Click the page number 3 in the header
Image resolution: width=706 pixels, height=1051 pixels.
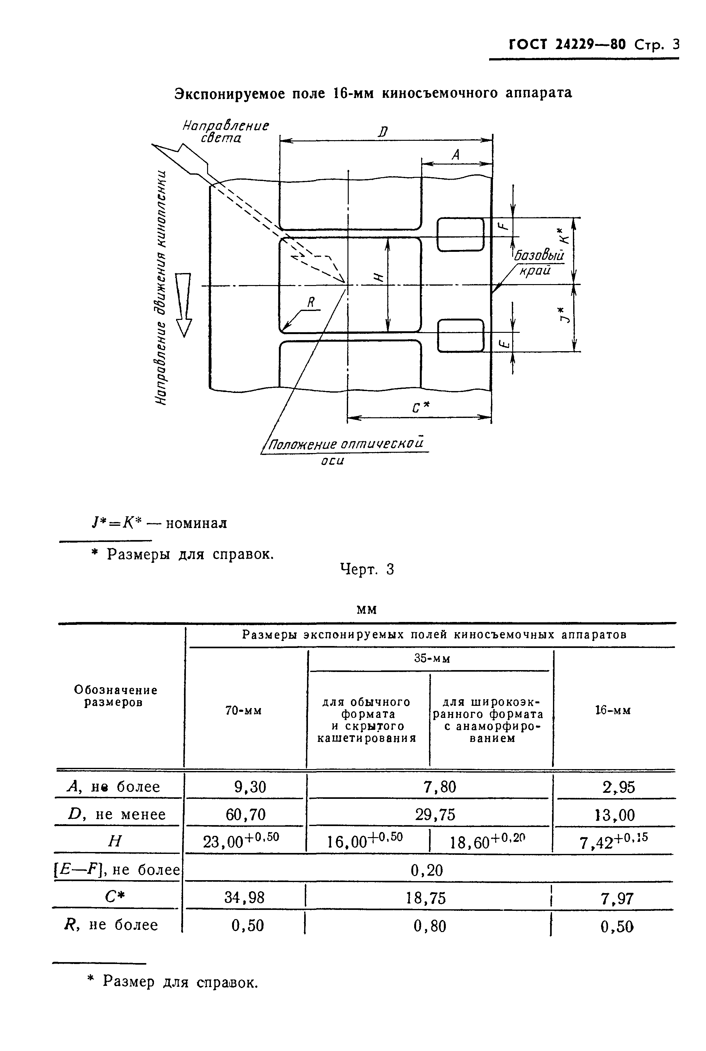pos(675,45)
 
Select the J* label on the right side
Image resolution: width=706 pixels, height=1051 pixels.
pos(563,315)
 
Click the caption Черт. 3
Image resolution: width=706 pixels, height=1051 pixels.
pos(367,569)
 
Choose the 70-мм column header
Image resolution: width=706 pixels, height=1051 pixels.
pos(243,711)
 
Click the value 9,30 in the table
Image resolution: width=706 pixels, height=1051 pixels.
pos(250,787)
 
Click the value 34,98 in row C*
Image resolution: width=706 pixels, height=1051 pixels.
pos(244,898)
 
